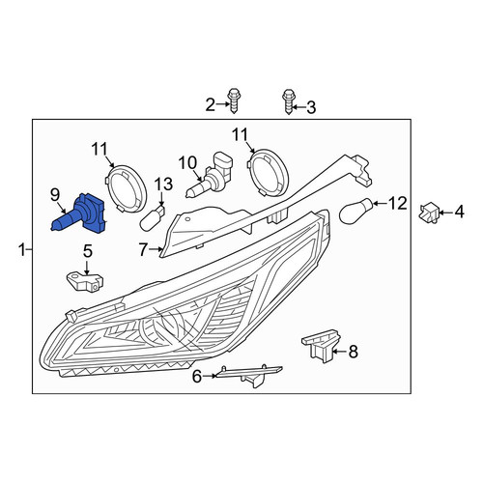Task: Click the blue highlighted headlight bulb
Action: [x=80, y=214]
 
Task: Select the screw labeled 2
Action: [x=235, y=100]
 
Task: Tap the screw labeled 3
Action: [x=288, y=101]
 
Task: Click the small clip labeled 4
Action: [x=429, y=213]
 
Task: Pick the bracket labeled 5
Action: [x=85, y=281]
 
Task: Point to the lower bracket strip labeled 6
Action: [x=250, y=376]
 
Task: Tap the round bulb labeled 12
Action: [x=356, y=212]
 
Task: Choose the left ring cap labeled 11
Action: [x=127, y=188]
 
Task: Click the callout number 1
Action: [x=22, y=250]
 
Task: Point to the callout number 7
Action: [x=144, y=249]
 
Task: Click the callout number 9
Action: [x=55, y=194]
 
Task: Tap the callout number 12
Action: [x=398, y=204]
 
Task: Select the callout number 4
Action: [x=460, y=213]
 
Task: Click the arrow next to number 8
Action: [x=339, y=352]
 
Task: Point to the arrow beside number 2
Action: [x=223, y=104]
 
